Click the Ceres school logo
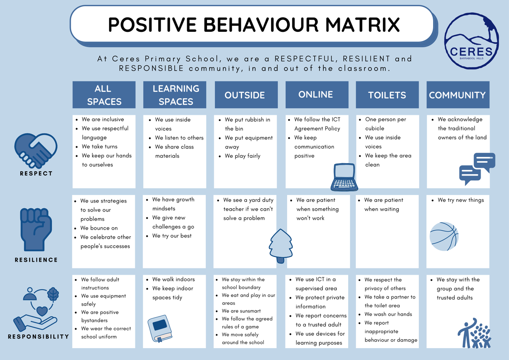[472, 41]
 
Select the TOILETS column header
[387, 95]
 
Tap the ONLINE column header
[317, 95]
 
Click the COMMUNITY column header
[458, 95]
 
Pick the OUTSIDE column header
[246, 95]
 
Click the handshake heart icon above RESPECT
[36, 151]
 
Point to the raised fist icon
[36, 229]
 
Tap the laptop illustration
[344, 177]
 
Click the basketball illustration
[444, 237]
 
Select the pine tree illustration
[281, 246]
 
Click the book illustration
[160, 329]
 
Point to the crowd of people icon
[474, 333]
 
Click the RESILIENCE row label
[36, 260]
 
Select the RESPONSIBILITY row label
[38, 337]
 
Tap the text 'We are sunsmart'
[241, 311]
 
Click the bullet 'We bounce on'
[99, 228]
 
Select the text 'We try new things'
[461, 200]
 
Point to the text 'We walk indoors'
[173, 279]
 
